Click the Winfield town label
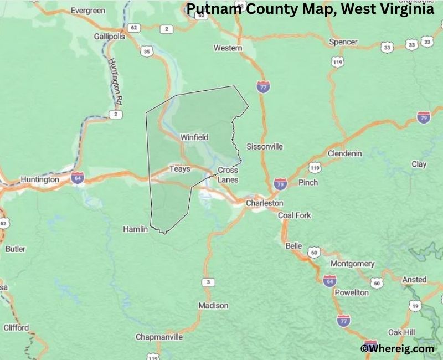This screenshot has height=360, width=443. tap(194, 137)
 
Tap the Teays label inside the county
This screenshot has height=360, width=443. tap(179, 169)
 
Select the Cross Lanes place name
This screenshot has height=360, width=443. tap(228, 175)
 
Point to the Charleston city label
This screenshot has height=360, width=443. tap(265, 203)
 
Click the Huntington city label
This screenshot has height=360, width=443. tap(39, 179)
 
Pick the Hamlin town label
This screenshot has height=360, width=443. tap(135, 228)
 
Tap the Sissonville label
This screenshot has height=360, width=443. tap(265, 147)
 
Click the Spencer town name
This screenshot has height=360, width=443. tap(343, 42)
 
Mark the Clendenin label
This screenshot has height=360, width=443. tap(345, 153)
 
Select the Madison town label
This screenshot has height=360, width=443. tap(213, 306)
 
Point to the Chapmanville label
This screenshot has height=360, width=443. tap(159, 337)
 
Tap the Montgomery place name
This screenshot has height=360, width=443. tap(353, 264)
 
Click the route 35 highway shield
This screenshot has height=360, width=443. tap(147, 52)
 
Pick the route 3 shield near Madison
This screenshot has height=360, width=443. tap(208, 283)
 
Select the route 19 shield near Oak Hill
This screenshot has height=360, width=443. tap(414, 305)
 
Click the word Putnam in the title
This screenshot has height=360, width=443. tap(211, 10)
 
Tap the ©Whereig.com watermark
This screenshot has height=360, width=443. tap(397, 348)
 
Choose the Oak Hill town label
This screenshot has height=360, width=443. tap(401, 332)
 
